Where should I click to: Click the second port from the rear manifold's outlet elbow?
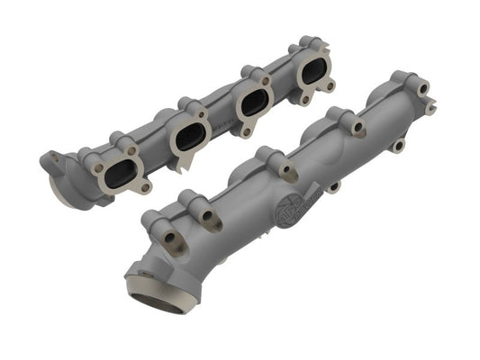(x=190, y=135)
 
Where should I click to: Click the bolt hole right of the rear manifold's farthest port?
(x=331, y=85)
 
